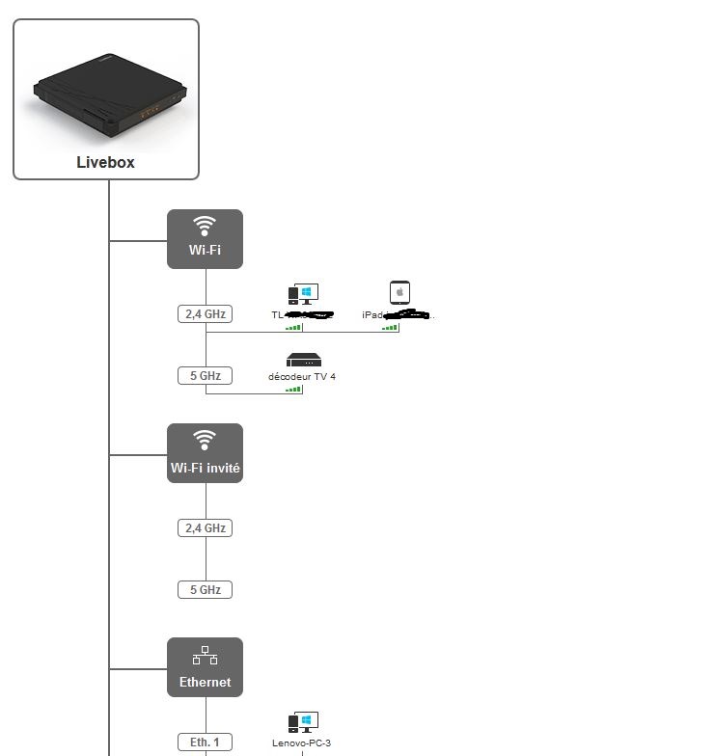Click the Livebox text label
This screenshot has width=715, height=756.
[105, 162]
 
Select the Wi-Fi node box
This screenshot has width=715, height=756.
[205, 239]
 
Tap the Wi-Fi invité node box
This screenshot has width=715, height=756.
[205, 453]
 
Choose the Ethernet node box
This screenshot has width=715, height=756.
[205, 667]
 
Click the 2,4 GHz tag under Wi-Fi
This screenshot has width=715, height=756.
[205, 313]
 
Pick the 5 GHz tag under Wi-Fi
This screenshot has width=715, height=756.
[205, 375]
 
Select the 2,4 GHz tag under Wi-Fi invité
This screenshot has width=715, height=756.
[205, 527]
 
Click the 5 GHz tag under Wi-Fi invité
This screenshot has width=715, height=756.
[205, 589]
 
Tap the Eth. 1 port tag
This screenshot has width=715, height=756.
[205, 742]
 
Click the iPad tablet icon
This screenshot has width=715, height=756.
[399, 292]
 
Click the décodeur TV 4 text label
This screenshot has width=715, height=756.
[302, 376]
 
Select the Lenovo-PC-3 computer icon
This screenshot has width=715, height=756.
[303, 722]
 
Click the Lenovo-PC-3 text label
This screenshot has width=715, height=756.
[302, 743]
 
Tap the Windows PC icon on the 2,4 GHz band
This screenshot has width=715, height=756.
[303, 294]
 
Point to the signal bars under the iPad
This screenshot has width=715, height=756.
[390, 328]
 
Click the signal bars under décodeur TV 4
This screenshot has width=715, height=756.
[293, 390]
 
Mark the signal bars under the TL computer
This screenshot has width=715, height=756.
[293, 328]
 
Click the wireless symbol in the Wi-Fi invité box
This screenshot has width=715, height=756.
[205, 440]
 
